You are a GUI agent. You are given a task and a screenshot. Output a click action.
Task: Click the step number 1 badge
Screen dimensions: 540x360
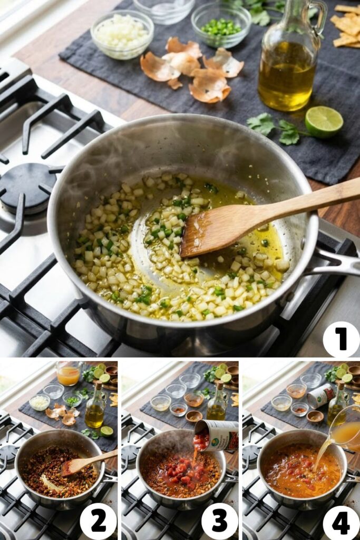(x=340, y=339)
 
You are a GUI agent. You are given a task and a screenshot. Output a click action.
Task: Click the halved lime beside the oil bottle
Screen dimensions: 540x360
(x=324, y=121)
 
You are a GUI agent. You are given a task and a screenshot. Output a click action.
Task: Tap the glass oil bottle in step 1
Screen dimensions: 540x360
(x=288, y=63)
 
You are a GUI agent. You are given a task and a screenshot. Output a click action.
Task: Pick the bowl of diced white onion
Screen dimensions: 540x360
(x=122, y=33)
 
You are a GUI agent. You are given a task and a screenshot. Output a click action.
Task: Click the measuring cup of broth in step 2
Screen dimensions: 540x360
(x=69, y=373)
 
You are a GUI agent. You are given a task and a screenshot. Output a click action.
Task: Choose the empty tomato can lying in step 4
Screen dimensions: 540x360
(x=321, y=395)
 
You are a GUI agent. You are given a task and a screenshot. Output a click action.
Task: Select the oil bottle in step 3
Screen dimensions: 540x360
(x=216, y=403)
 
